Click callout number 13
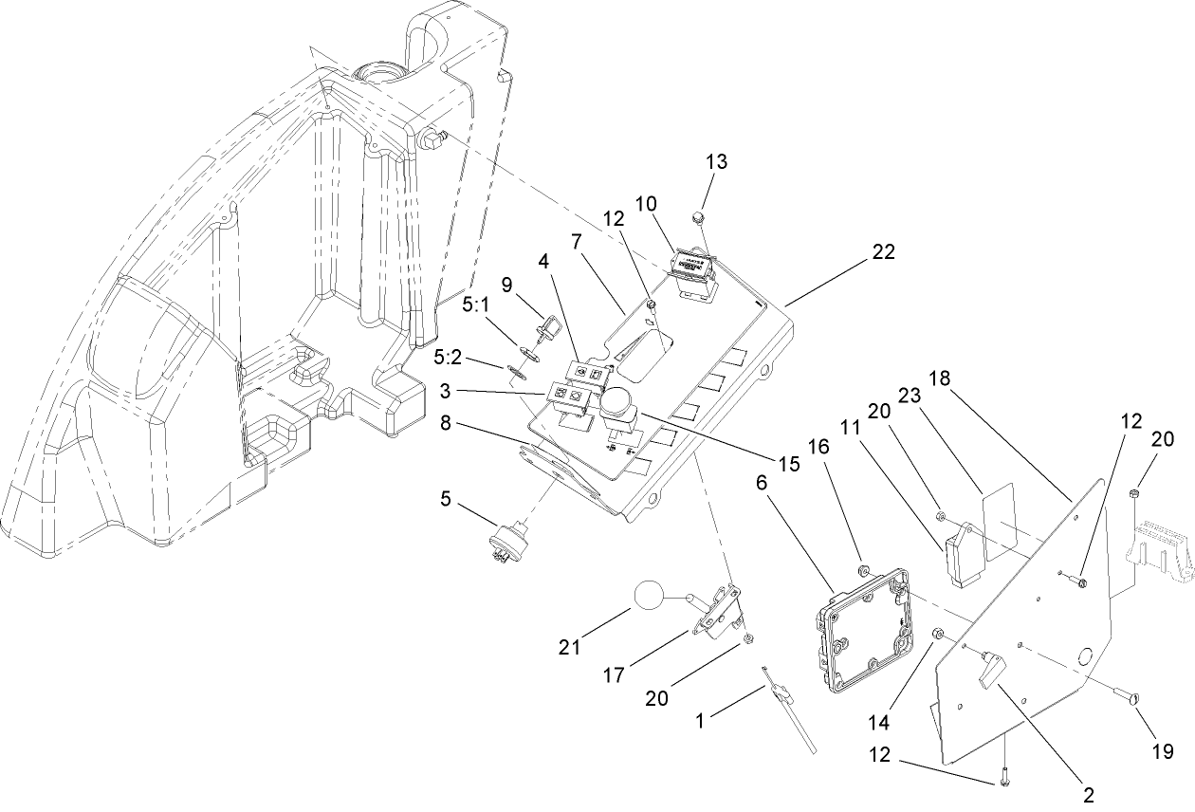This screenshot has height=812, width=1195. pos(717,161)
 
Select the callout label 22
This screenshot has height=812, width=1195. pos(884,252)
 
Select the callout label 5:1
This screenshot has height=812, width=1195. pos(476,307)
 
